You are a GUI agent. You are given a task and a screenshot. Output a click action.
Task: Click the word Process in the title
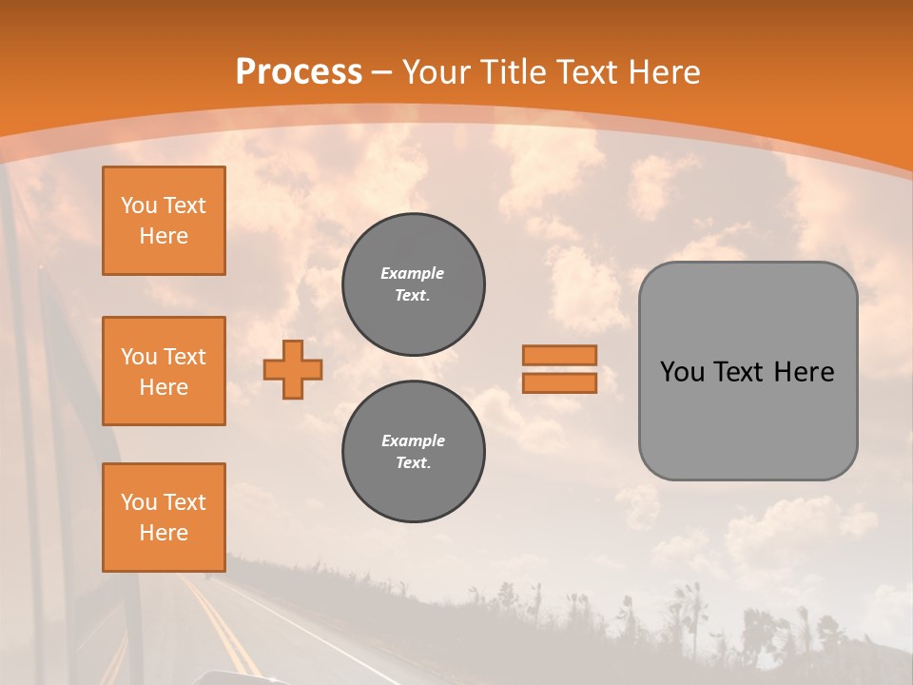click(299, 72)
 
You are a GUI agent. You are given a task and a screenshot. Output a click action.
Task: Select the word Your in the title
click(438, 72)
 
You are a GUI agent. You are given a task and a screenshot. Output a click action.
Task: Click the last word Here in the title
click(663, 72)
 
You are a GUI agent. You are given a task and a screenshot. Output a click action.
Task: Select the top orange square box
click(164, 221)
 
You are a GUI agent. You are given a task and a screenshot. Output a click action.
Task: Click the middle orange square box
click(164, 371)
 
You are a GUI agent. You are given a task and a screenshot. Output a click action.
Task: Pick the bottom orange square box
click(164, 518)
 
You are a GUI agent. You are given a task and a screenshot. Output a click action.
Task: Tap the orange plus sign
click(293, 369)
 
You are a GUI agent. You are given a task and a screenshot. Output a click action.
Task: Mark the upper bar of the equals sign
click(559, 355)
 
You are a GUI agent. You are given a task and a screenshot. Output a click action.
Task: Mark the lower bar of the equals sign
click(559, 383)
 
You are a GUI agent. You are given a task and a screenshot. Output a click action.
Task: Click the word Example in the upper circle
click(413, 273)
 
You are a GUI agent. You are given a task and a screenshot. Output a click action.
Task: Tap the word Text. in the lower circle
click(413, 463)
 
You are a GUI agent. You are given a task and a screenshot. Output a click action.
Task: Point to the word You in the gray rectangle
click(682, 372)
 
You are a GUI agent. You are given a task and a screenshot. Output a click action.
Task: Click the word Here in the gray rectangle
click(805, 372)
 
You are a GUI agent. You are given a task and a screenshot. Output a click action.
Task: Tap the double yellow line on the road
click(220, 628)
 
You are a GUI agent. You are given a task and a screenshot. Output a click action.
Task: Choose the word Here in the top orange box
click(164, 236)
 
